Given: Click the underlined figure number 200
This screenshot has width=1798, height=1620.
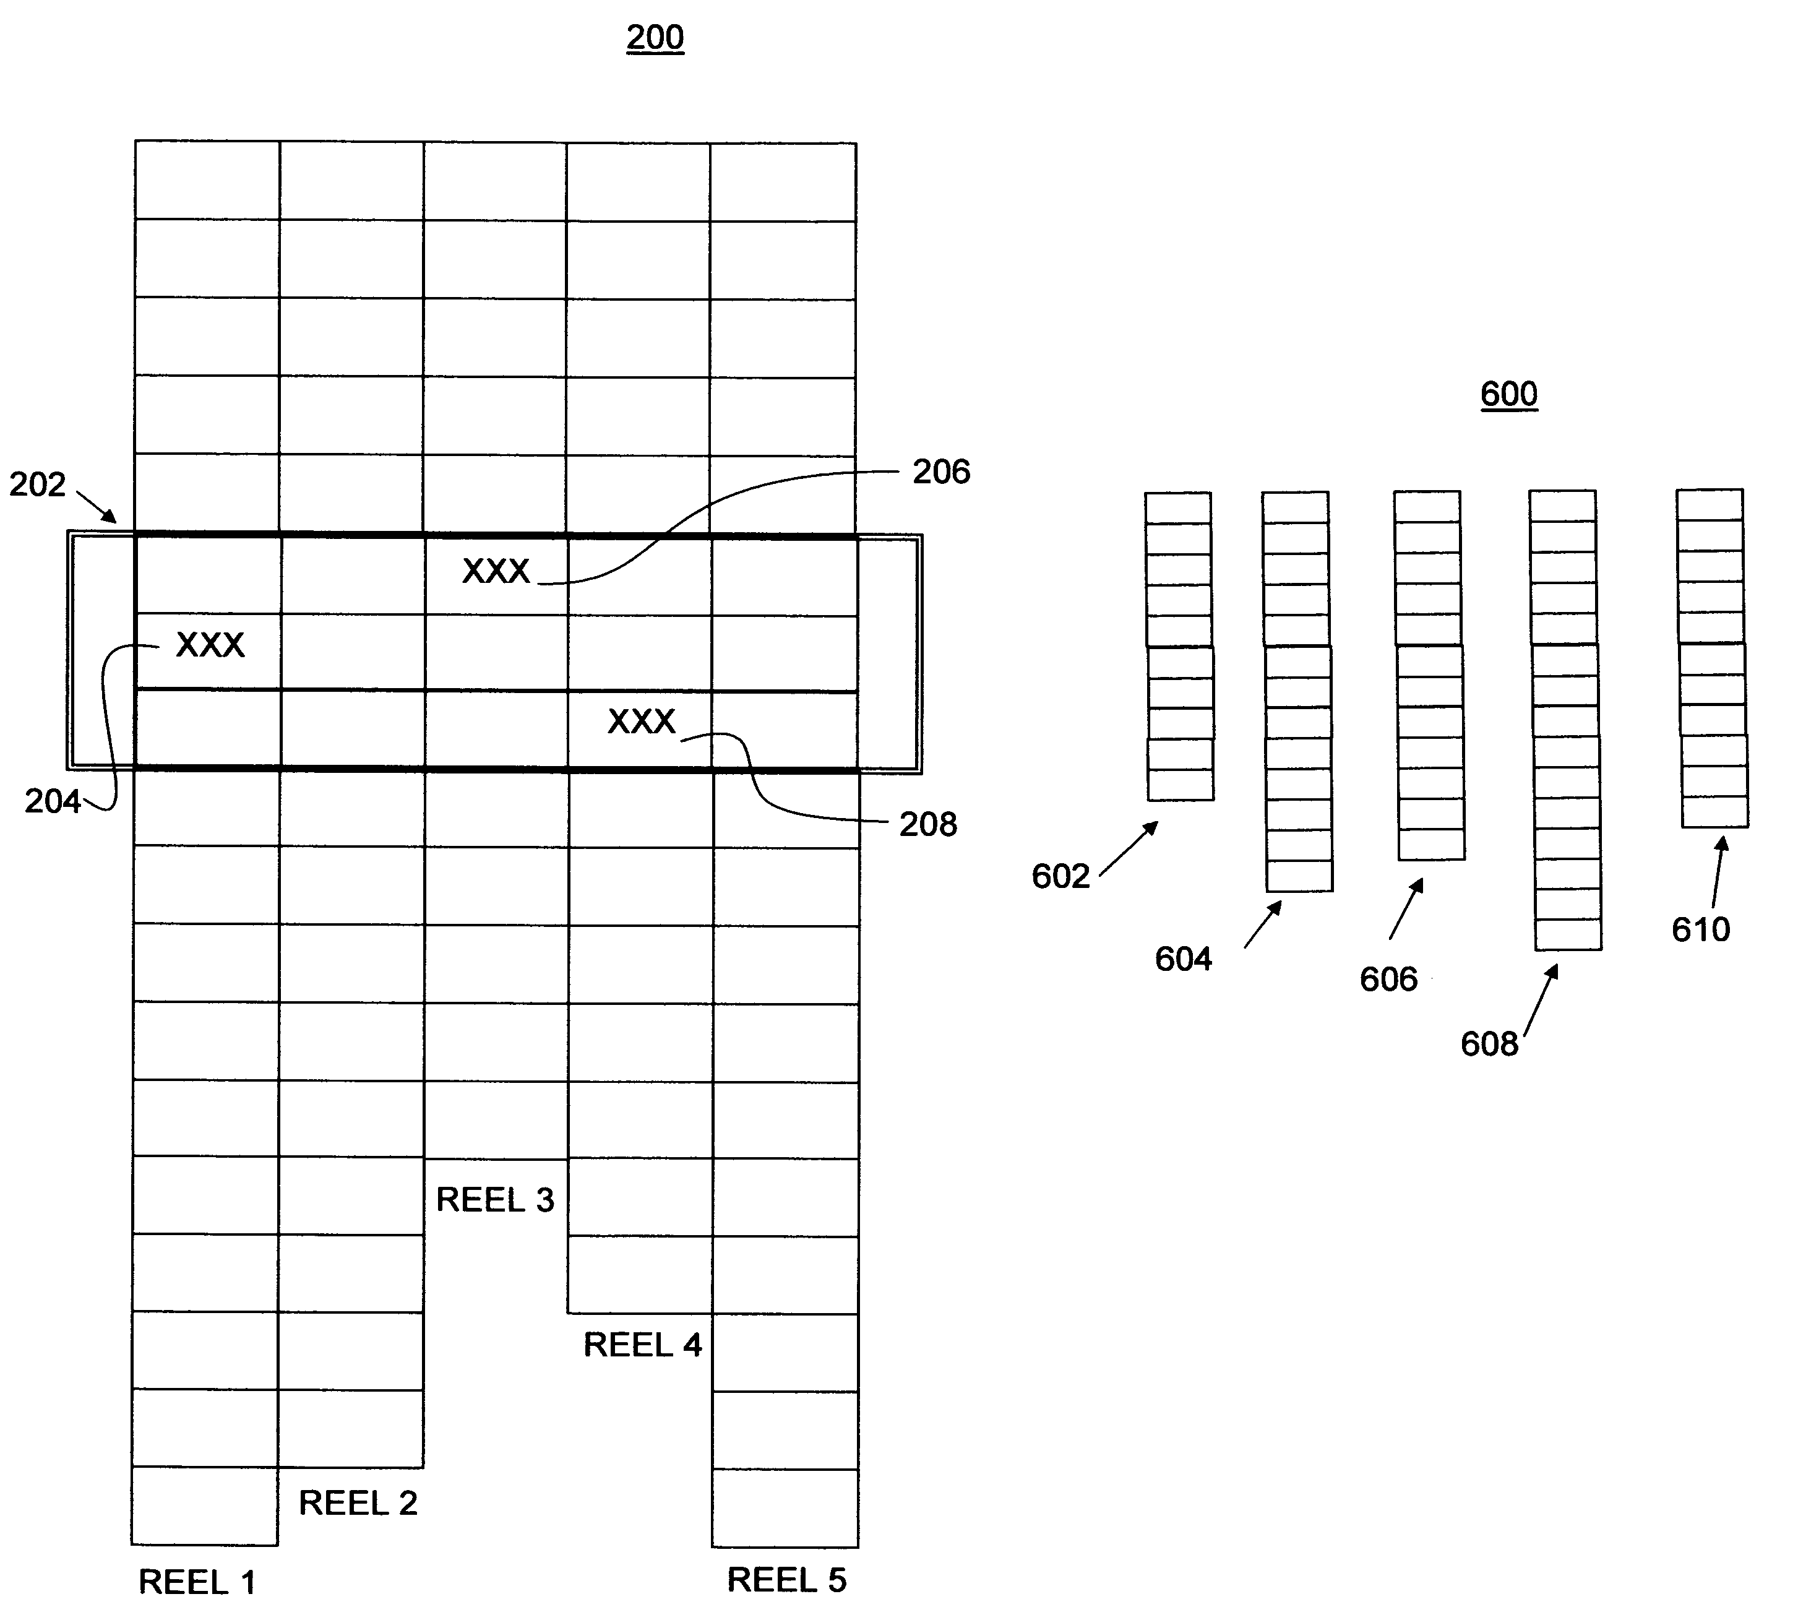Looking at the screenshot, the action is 655,37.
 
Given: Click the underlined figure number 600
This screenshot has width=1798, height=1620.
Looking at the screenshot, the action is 1508,394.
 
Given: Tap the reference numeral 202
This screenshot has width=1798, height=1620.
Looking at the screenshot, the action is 37,485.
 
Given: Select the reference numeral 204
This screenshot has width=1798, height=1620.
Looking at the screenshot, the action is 53,802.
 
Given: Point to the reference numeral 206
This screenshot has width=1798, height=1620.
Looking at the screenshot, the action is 941,472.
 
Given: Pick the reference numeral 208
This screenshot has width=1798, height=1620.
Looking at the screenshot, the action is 928,824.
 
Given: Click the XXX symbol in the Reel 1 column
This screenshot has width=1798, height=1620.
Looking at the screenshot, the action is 210,644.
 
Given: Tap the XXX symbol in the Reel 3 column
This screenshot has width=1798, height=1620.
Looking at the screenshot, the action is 496,571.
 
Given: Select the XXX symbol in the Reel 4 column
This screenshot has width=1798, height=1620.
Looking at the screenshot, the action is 642,721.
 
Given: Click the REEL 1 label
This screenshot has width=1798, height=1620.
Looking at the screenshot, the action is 197,1582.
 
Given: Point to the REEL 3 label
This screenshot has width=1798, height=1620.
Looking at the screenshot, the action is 495,1200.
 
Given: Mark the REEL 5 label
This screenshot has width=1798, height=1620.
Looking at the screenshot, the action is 787,1580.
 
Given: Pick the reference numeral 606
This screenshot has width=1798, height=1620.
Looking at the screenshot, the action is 1388,979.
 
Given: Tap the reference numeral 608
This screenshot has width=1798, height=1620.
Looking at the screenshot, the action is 1489,1044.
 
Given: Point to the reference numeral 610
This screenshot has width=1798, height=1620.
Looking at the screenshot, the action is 1701,929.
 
